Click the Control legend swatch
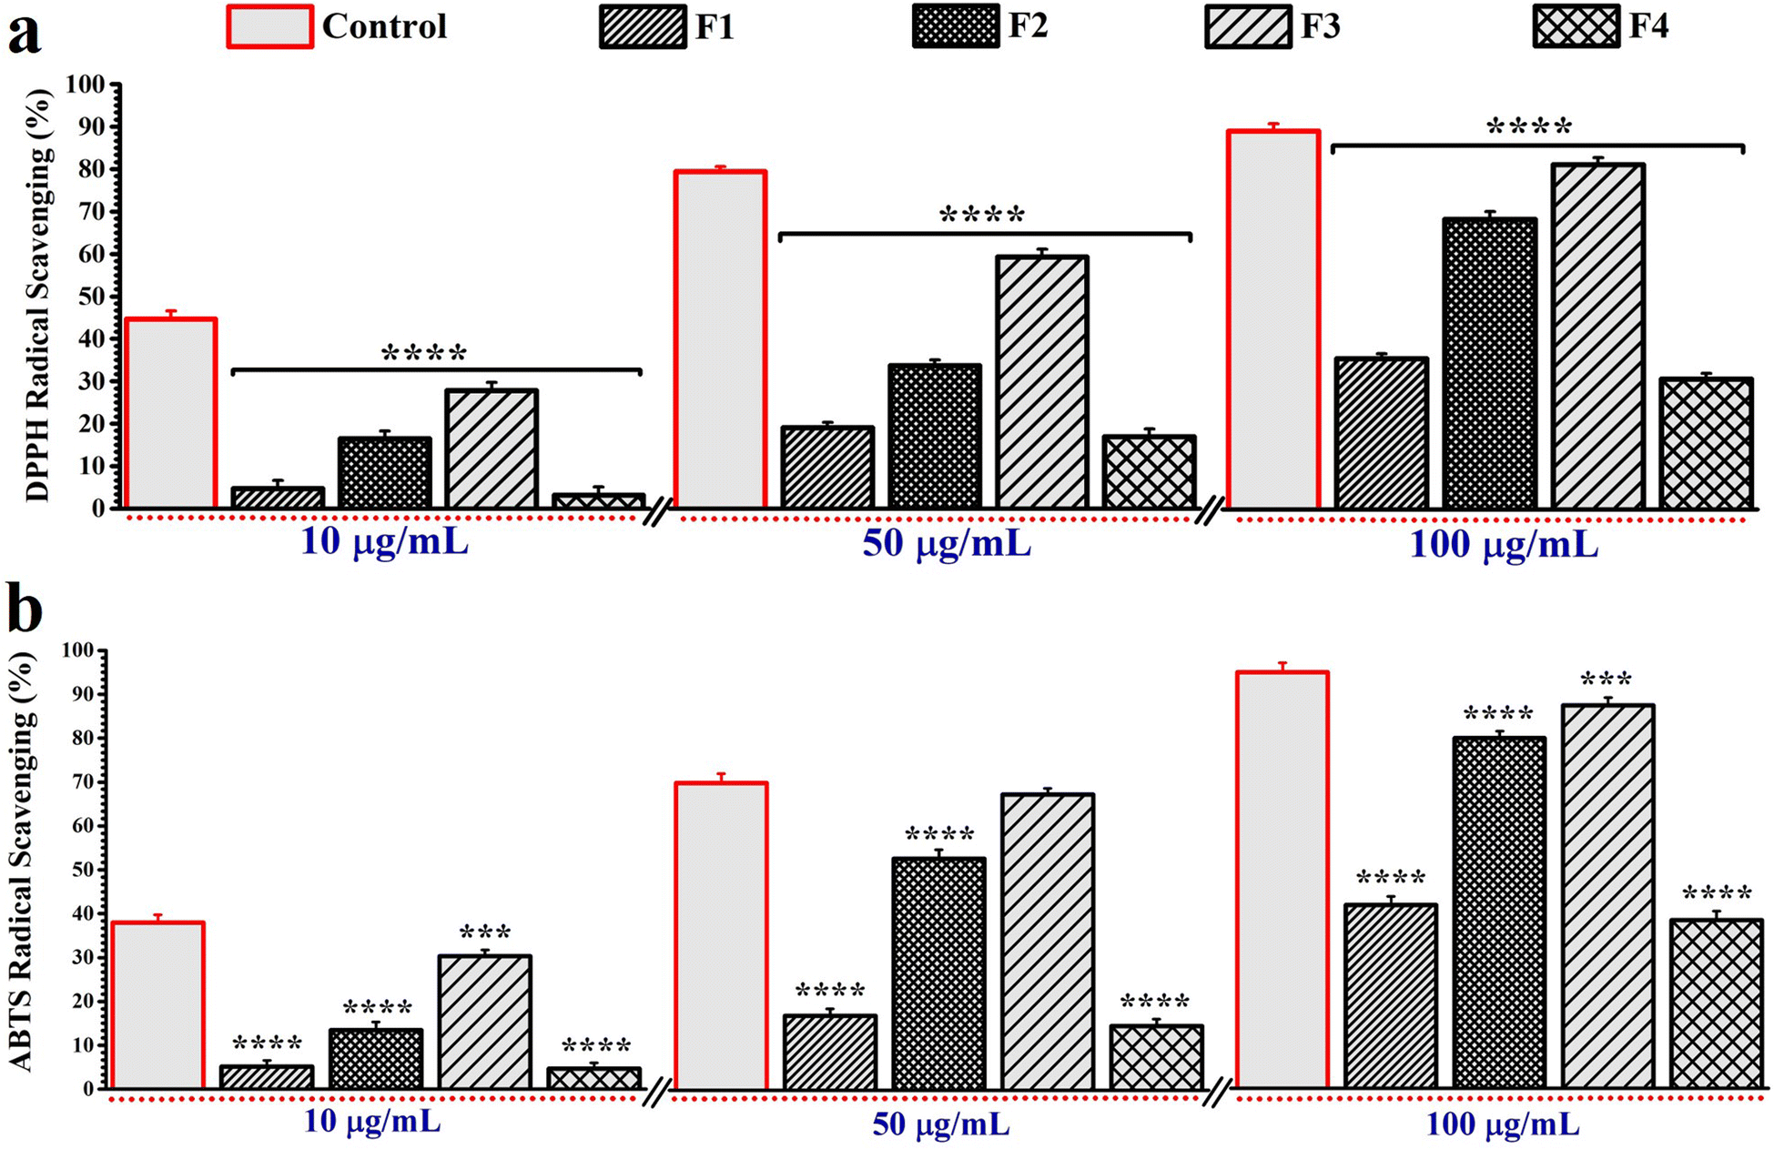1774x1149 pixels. click(269, 26)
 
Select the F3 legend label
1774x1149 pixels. click(1320, 26)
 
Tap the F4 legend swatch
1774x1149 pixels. click(1576, 26)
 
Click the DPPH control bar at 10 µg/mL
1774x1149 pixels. click(170, 413)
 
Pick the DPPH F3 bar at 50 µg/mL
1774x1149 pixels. click(1041, 382)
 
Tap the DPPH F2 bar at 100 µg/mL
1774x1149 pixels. click(1489, 363)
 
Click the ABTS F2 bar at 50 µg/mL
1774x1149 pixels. click(938, 973)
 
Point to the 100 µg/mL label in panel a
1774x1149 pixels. click(1504, 544)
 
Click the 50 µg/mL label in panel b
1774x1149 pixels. click(940, 1124)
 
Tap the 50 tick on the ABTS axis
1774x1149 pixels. click(82, 870)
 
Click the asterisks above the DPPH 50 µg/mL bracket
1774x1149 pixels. click(982, 217)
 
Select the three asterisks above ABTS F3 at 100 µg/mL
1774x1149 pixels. click(1607, 680)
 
